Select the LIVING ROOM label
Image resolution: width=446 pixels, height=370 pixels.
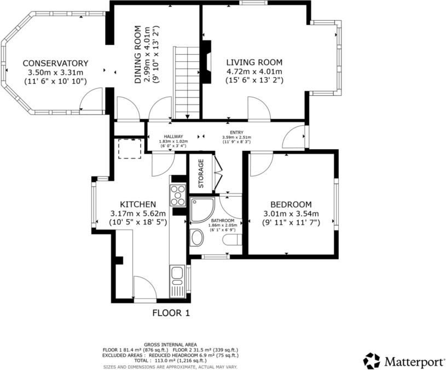pos(254,62)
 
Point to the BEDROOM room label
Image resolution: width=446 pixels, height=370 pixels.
pos(291,204)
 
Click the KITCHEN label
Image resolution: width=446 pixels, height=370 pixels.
pos(131,204)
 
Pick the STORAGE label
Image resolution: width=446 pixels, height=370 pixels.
pos(201,173)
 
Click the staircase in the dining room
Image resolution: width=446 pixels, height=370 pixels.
pos(186,82)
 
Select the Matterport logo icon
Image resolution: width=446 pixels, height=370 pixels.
pos(372,360)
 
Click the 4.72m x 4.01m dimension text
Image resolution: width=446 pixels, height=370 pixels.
pos(254,72)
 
